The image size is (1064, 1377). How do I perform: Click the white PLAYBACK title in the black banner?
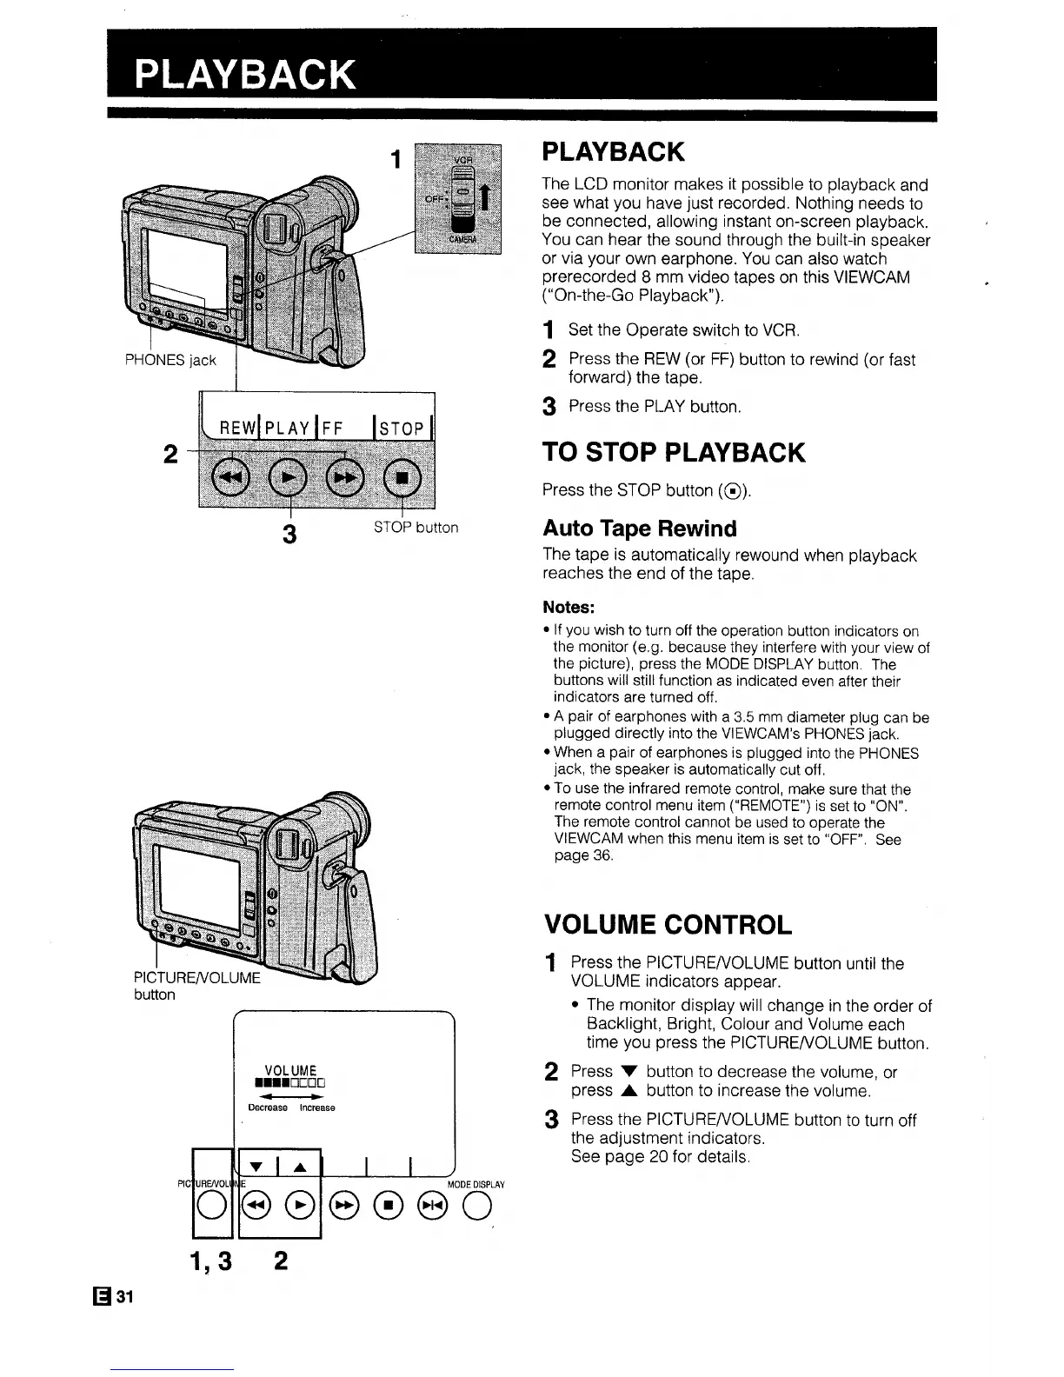pos(245,76)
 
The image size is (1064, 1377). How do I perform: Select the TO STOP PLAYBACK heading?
pos(673,453)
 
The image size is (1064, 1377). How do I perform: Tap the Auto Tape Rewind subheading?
pos(639,529)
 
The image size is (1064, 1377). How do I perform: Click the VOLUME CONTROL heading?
pos(667,924)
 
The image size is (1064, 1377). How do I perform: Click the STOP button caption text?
pos(416,528)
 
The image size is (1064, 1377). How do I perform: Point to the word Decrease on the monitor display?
pos(267,1108)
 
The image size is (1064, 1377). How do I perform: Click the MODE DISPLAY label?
pos(475,1184)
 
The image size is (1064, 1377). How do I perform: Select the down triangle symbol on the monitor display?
pos(256,1167)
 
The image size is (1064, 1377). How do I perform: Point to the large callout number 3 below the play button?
pos(290,532)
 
